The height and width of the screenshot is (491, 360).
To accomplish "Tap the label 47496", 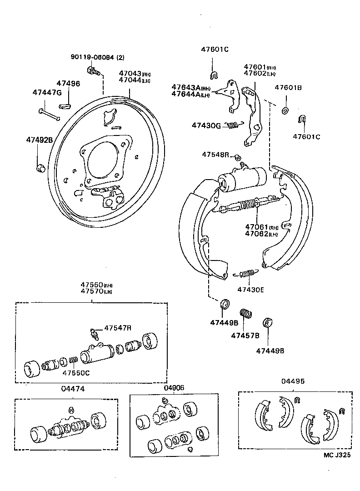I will tap(68, 84).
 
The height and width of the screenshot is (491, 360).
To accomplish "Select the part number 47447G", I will tap(46, 92).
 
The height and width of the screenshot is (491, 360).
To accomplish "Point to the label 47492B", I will tap(40, 140).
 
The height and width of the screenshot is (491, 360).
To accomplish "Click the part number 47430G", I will tap(206, 125).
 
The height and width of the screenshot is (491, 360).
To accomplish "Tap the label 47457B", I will tap(245, 336).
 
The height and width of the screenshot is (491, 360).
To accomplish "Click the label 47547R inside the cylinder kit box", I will tap(118, 327).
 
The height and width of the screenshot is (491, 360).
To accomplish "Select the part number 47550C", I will tap(76, 373).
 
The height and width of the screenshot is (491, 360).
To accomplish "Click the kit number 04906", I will tap(174, 387).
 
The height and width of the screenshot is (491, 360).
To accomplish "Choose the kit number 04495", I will tap(293, 381).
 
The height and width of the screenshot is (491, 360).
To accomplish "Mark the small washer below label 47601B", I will tap(285, 110).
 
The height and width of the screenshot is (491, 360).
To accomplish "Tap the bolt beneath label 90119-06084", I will tap(92, 70).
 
